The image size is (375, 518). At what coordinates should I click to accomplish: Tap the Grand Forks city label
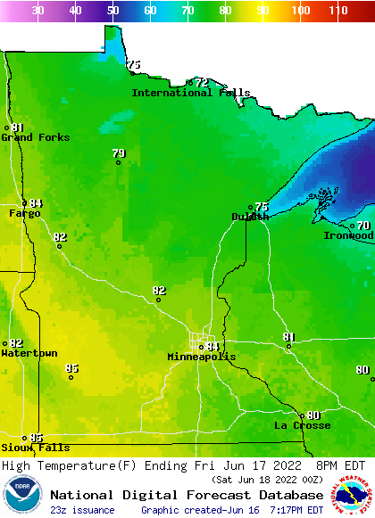click(36, 137)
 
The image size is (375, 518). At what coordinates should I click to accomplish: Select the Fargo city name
click(25, 214)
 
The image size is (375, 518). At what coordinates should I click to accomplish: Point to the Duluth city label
click(250, 217)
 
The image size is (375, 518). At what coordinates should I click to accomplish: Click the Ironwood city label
click(349, 235)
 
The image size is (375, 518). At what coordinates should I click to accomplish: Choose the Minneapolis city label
click(202, 357)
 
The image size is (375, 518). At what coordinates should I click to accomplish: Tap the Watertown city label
click(29, 354)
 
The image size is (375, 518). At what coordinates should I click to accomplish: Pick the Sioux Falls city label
click(35, 448)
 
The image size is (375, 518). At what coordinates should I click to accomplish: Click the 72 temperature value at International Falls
click(202, 83)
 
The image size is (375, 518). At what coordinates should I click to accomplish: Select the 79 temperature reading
click(119, 154)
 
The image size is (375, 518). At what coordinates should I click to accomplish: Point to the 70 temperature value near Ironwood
click(363, 226)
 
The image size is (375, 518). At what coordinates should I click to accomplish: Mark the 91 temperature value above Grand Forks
click(18, 127)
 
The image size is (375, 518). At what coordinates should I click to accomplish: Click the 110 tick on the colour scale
click(337, 11)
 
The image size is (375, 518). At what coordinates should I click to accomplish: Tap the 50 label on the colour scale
click(112, 11)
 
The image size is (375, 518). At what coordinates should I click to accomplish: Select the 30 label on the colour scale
click(37, 11)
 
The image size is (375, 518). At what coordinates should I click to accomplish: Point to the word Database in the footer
click(287, 495)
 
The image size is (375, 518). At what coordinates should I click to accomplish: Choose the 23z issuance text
click(82, 510)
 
